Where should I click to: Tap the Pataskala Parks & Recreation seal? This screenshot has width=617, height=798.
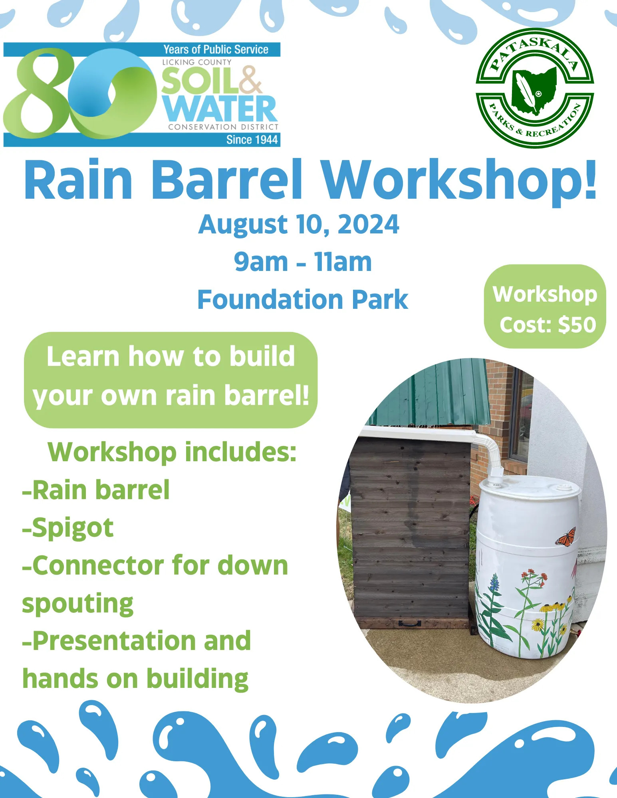[x=535, y=88]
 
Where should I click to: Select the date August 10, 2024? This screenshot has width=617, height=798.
[x=299, y=224]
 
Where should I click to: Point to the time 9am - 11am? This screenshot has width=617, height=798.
[x=303, y=262]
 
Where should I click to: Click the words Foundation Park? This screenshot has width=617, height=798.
[x=303, y=299]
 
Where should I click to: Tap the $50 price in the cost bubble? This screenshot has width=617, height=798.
[x=577, y=324]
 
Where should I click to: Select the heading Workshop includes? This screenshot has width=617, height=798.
[x=172, y=452]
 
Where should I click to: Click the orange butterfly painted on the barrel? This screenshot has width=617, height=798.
[x=566, y=536]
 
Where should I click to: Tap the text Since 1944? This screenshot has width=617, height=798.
[x=252, y=140]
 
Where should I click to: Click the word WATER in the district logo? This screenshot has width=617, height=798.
[x=220, y=109]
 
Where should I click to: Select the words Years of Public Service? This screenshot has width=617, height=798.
[x=216, y=49]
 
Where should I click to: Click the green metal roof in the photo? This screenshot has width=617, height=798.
[x=431, y=393]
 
